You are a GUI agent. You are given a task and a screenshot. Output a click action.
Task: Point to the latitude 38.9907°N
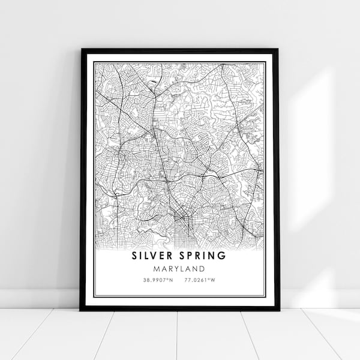click(x=158, y=280)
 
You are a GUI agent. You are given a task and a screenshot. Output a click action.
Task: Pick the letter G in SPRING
click(x=223, y=256)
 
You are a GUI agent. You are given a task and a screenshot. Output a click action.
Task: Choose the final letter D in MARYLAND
click(x=202, y=269)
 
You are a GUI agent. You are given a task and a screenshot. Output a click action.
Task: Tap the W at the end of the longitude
click(x=214, y=280)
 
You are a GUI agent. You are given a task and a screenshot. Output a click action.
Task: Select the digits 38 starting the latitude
click(x=146, y=280)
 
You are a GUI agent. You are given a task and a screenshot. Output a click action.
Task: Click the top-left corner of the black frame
click(x=81, y=50)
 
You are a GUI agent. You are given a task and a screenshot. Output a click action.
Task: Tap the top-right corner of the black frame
click(x=278, y=50)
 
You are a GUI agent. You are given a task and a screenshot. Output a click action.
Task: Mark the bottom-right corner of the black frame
click(x=279, y=310)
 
